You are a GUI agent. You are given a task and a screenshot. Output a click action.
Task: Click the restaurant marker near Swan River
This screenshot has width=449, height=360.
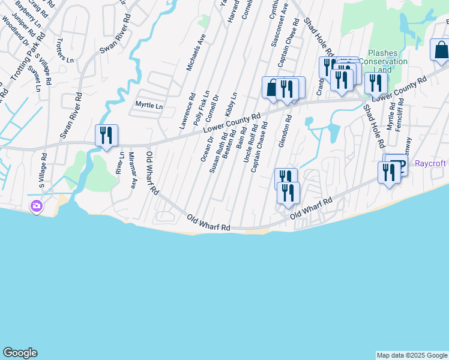tap(106, 135)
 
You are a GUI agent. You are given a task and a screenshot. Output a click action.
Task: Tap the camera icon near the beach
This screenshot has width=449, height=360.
tap(37, 206)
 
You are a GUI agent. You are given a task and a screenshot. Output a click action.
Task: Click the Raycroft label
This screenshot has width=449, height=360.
tap(431, 163)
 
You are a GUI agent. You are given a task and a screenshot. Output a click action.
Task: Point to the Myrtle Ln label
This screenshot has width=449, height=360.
tap(149, 106)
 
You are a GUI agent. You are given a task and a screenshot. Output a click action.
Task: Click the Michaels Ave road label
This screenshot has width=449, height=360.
tap(196, 53)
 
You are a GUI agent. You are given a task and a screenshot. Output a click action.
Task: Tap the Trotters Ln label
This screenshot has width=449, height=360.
tap(64, 52)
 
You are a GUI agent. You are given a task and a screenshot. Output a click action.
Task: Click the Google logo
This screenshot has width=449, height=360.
tap(20, 353)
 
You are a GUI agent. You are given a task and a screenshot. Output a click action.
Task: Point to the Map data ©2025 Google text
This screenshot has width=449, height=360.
tap(412, 355)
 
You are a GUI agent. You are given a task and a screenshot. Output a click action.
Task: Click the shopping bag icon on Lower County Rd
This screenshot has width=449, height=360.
tap(272, 88)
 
